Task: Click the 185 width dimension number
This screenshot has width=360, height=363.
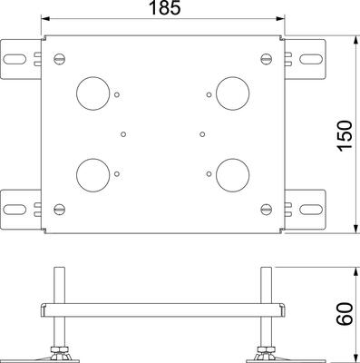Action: click(165, 7)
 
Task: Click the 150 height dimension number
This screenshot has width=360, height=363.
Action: click(345, 135)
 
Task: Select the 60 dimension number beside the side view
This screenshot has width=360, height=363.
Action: click(345, 314)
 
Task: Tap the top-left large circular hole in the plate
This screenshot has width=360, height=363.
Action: click(92, 93)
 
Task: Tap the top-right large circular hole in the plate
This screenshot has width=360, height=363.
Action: click(233, 93)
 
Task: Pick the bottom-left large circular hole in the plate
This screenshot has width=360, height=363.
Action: click(92, 175)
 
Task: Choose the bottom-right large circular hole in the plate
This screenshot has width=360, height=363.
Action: click(233, 175)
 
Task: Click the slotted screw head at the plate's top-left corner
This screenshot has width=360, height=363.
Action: click(60, 59)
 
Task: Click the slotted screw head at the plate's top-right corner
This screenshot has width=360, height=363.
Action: click(267, 59)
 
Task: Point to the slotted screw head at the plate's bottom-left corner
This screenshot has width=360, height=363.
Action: click(60, 209)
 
